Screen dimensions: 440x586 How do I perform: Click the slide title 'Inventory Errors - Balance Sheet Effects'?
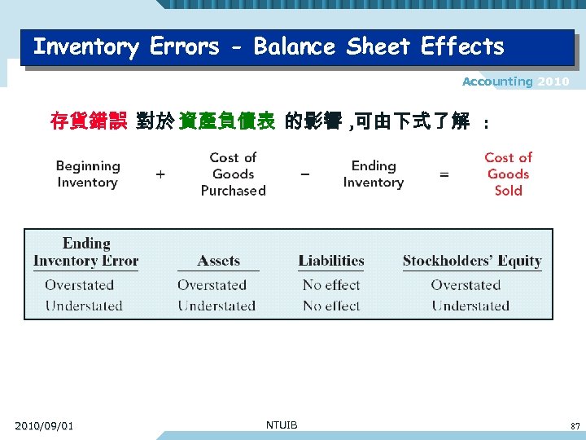269,46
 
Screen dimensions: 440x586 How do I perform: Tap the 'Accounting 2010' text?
515,81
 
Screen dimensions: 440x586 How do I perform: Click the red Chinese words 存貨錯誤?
88,122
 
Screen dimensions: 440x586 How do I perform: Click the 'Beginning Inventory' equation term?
88,174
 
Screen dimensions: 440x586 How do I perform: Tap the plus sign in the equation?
160,174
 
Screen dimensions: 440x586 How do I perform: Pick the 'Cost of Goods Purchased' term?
234,174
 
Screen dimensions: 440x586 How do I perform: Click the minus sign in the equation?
304,174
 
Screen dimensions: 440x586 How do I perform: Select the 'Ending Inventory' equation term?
374,174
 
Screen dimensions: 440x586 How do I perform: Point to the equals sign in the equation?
444,174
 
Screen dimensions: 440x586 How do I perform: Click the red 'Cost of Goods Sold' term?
508,174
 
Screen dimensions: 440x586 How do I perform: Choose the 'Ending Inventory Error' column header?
85,253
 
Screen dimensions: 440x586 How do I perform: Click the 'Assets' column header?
218,262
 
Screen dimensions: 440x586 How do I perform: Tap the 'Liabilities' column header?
331,262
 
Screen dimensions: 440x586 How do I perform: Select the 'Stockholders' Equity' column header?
472,262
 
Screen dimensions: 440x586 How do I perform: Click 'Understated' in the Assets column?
216,306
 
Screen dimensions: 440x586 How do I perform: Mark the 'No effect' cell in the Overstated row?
331,285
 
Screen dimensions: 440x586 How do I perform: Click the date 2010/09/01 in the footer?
44,425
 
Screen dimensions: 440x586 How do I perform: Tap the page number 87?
575,425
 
